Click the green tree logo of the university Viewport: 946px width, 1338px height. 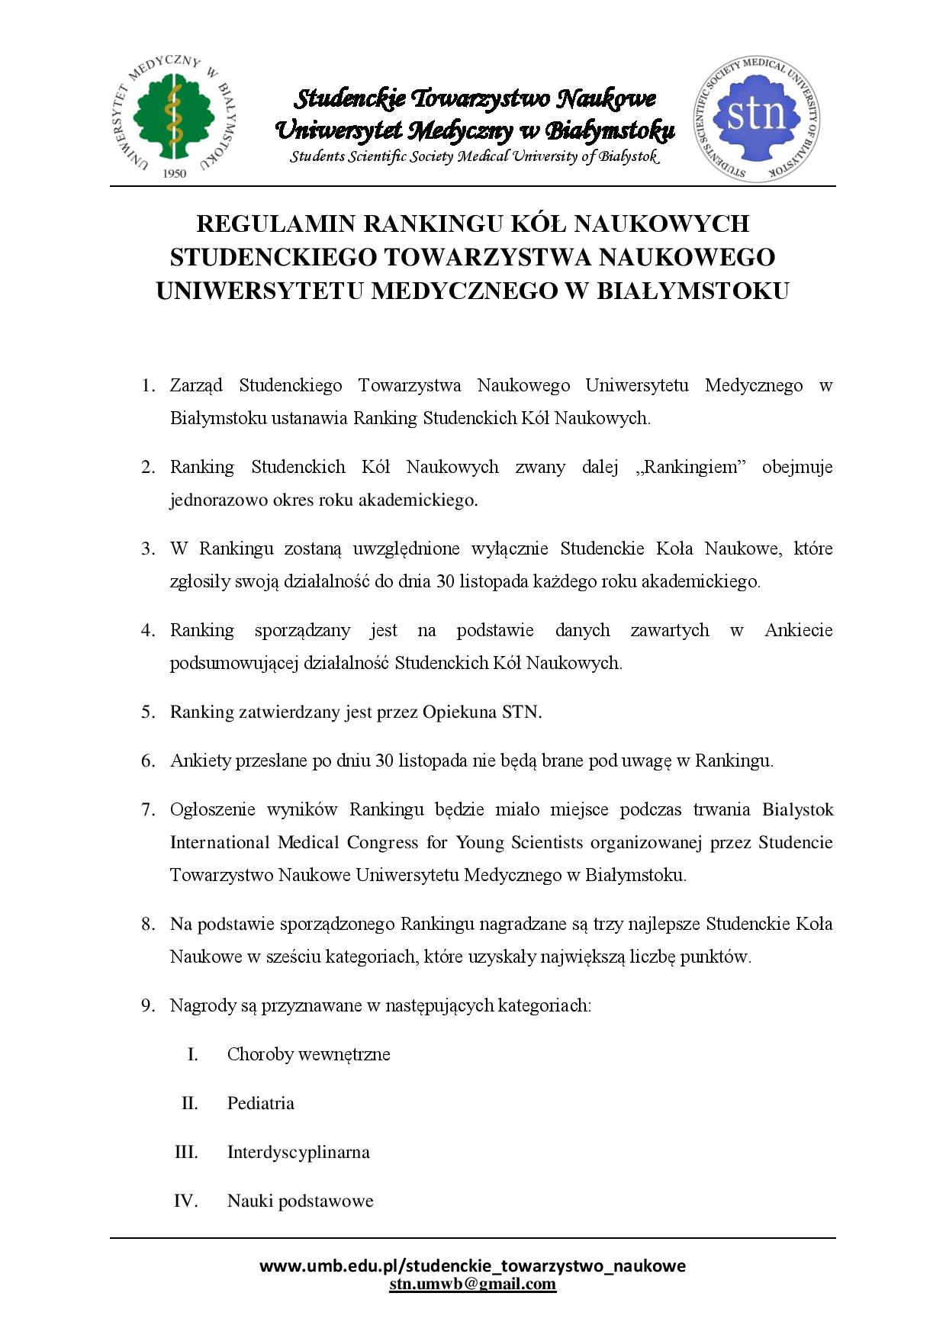pyautogui.click(x=175, y=111)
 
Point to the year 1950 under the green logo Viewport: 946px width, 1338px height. pyautogui.click(x=175, y=173)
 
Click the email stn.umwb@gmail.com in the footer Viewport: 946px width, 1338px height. pyautogui.click(x=472, y=1283)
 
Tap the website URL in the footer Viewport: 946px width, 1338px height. pyautogui.click(x=472, y=1266)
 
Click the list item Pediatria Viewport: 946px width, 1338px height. pyautogui.click(x=260, y=1103)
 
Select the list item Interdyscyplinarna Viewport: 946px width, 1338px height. pyautogui.click(x=298, y=1152)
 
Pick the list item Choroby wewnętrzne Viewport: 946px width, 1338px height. pyautogui.click(x=308, y=1054)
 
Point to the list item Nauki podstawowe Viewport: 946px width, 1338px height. pyautogui.click(x=300, y=1201)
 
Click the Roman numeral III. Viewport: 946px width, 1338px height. pyautogui.click(x=186, y=1152)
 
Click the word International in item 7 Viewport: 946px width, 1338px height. pyautogui.click(x=215, y=842)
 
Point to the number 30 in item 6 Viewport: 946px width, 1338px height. pyautogui.click(x=385, y=761)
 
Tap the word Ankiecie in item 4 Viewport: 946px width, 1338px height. pyautogui.click(x=798, y=630)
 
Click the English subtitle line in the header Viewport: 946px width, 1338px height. pyautogui.click(x=473, y=156)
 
